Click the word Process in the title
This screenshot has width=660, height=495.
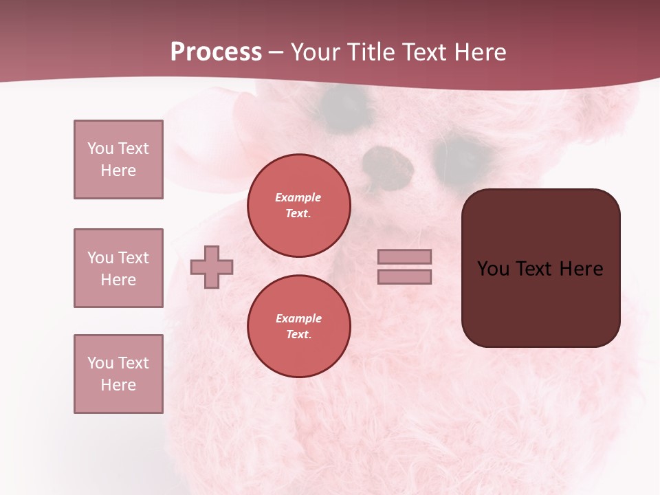(216, 52)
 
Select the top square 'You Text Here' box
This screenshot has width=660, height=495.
(118, 159)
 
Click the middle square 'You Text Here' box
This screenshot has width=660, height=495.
(118, 268)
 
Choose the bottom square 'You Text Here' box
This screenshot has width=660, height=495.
(118, 374)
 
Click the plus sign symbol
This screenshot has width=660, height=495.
(212, 267)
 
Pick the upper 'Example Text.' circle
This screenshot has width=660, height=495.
(299, 206)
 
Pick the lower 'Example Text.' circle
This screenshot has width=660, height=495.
(299, 327)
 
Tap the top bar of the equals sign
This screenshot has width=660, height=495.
(405, 256)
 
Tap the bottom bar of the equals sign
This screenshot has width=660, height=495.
(405, 276)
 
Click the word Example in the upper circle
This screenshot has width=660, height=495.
(298, 197)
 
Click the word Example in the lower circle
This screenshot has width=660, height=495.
(298, 318)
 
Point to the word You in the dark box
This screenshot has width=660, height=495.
(493, 269)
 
